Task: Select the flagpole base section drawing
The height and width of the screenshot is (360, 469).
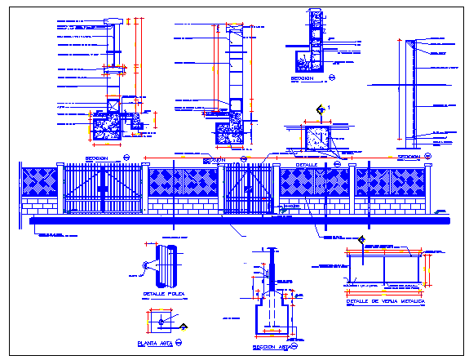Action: (274, 302)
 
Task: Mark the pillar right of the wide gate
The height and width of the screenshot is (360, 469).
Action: (146, 189)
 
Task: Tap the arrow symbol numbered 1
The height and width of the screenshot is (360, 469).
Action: (320, 109)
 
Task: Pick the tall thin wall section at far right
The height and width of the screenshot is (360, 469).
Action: (413, 90)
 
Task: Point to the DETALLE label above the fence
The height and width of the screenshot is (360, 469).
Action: (306, 163)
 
